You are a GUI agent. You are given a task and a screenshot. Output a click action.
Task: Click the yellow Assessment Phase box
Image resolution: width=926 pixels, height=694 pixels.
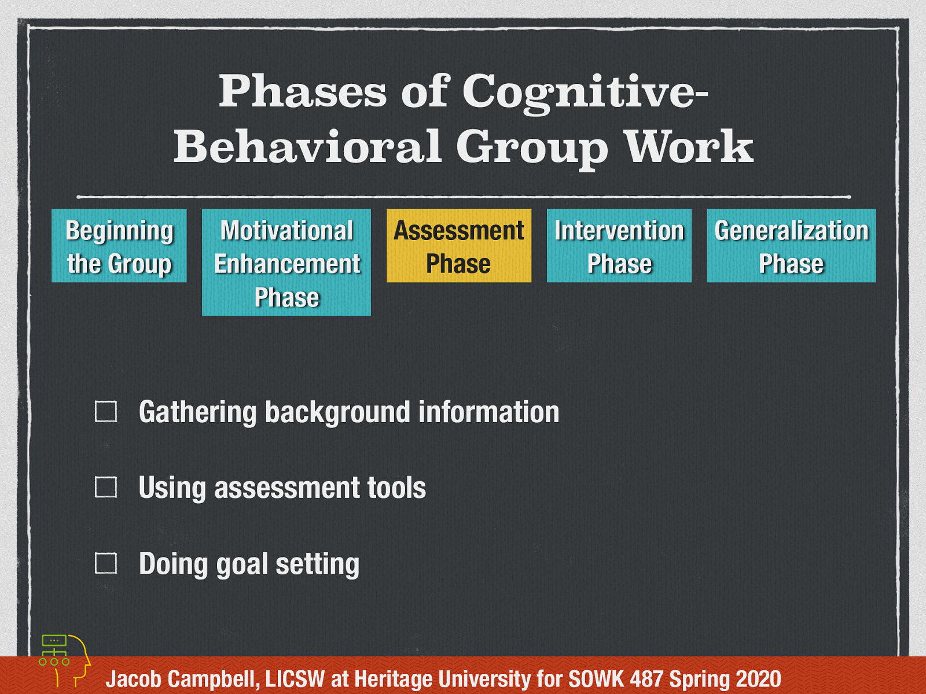[x=458, y=246]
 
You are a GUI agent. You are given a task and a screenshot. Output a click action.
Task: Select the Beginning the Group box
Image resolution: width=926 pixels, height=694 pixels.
[x=119, y=246]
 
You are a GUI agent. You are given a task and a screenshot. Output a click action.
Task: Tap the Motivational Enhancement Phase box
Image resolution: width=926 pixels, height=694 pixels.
[x=286, y=262]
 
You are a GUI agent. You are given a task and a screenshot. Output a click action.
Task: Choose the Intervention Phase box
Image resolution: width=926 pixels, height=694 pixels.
[x=619, y=246]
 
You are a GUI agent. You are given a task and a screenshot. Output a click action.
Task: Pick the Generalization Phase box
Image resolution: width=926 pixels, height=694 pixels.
[x=791, y=246]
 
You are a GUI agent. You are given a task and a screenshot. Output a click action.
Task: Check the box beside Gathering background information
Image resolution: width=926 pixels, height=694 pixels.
[x=106, y=412]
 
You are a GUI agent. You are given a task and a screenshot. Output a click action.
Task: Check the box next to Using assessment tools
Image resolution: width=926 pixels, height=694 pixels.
[x=106, y=487]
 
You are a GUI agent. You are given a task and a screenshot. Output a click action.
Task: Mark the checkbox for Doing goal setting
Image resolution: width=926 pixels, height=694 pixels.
[x=106, y=563]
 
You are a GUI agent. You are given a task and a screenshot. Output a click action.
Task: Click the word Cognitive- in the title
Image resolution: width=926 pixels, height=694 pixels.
[x=585, y=93]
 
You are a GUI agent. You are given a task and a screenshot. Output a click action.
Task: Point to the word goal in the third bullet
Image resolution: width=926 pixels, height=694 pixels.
[x=242, y=565]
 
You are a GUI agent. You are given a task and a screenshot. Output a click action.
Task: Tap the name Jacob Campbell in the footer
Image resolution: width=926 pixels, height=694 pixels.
[x=182, y=679]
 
